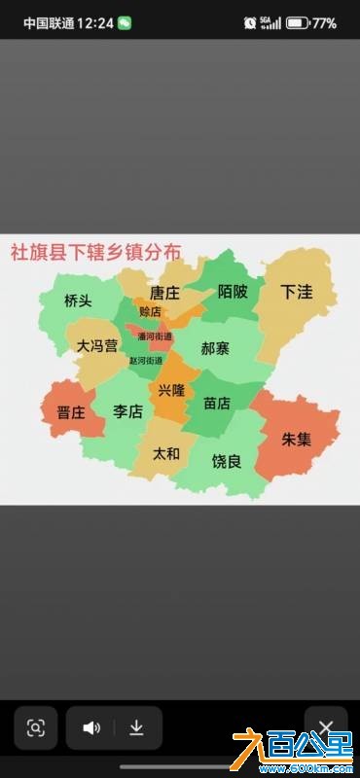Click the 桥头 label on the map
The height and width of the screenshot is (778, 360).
[x=78, y=301]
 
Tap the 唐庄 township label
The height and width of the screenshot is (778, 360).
[x=164, y=293]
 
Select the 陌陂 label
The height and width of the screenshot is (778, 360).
[x=233, y=292]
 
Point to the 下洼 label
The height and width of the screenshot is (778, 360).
[x=296, y=292]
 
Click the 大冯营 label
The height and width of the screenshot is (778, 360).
[x=97, y=345]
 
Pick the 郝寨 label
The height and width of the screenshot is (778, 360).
[x=215, y=347]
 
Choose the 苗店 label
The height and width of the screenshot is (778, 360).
[x=216, y=403]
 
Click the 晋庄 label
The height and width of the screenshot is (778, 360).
[x=71, y=412]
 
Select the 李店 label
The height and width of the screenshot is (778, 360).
[x=127, y=411]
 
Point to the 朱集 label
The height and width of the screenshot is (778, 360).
[x=297, y=439]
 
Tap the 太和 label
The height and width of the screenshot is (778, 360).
[x=166, y=453]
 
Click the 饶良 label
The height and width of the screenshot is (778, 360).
[x=227, y=461]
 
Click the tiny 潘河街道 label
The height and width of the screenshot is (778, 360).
[x=155, y=336]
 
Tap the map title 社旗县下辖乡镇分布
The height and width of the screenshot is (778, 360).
[x=95, y=251]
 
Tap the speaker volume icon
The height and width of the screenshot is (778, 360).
[x=91, y=728]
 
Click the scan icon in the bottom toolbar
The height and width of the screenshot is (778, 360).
[x=36, y=728]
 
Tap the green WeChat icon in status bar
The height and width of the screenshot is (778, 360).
[x=125, y=22]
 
